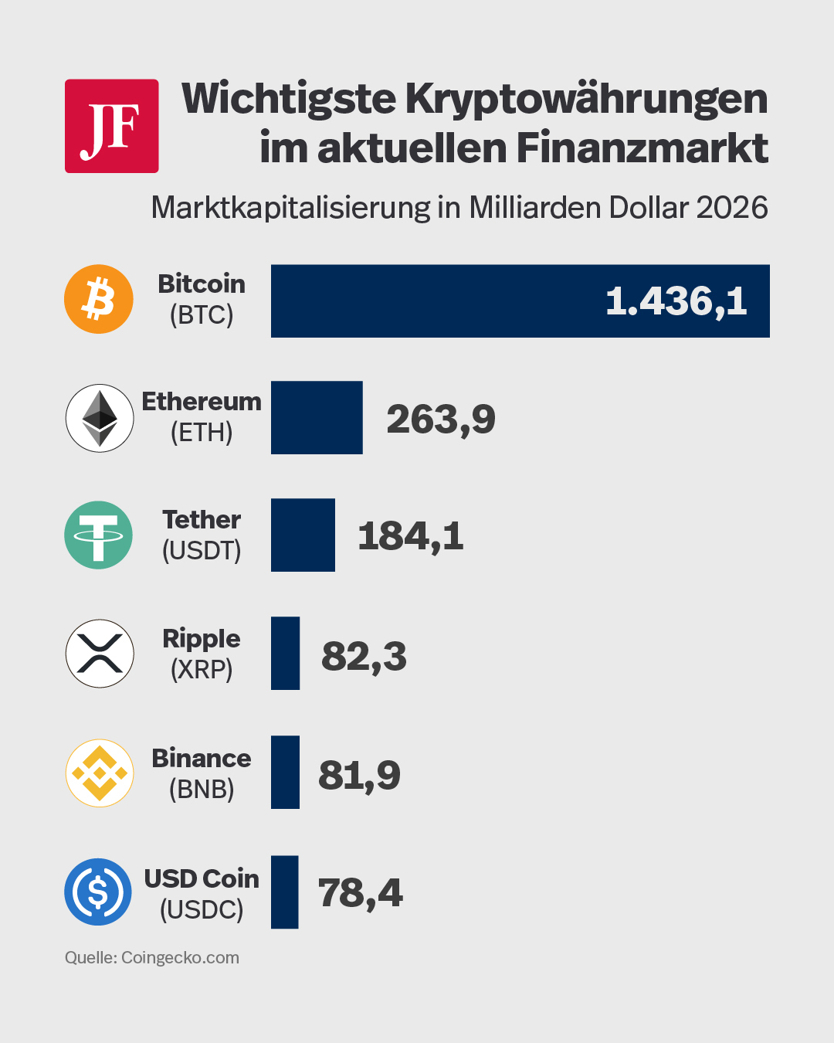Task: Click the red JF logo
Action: click(x=111, y=126)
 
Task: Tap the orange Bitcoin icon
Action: click(x=99, y=299)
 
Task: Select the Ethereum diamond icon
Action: click(x=100, y=418)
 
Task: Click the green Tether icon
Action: click(x=99, y=535)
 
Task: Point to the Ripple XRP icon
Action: click(x=100, y=654)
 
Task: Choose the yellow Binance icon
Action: click(x=100, y=773)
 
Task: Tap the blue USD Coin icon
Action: click(x=98, y=892)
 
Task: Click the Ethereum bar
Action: click(x=317, y=417)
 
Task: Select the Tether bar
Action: click(x=303, y=535)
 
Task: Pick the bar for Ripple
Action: click(x=285, y=654)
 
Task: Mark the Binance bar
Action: click(x=285, y=773)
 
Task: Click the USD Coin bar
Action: click(x=284, y=892)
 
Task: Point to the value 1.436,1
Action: click(x=676, y=301)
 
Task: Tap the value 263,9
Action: click(x=441, y=420)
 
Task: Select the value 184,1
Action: click(x=411, y=536)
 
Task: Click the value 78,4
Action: click(x=360, y=893)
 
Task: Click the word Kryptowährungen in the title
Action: click(x=586, y=99)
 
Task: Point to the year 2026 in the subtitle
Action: click(x=732, y=208)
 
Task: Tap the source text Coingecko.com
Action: click(x=180, y=957)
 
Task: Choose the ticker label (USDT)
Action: click(x=202, y=550)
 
